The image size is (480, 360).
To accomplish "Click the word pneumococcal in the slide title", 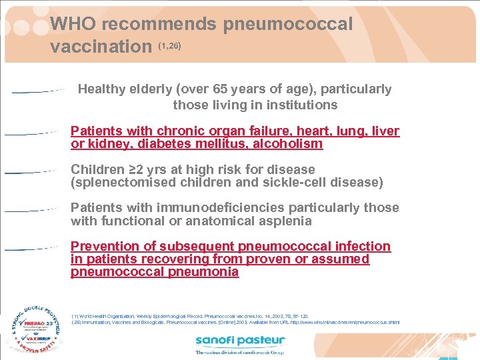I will pos(288,25).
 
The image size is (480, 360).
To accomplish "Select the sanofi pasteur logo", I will pos(239,341).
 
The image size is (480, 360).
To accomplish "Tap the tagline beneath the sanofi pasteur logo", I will pos(239,353).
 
